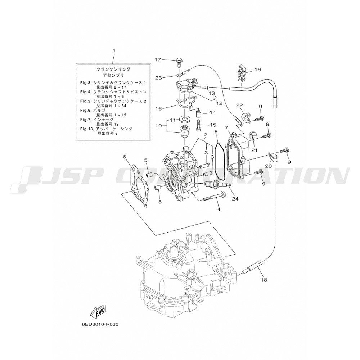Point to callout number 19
258,69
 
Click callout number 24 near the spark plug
235,199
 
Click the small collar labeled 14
199,113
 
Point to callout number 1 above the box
114,50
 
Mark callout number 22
239,105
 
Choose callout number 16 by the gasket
159,108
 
